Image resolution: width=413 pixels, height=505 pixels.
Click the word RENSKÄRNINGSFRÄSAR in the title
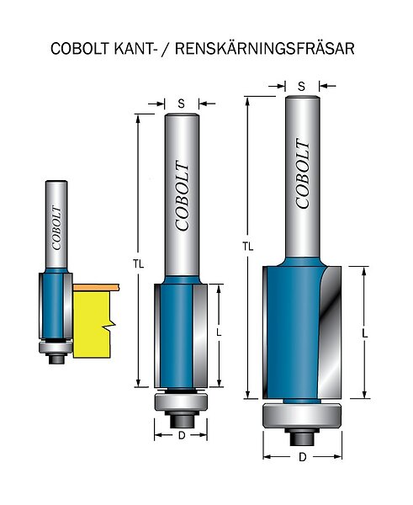tap(265, 49)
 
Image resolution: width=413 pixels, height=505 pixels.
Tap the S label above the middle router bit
tap(182, 104)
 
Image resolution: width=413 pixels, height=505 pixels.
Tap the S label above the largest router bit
tap(302, 87)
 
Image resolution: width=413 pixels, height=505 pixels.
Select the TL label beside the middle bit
tap(139, 264)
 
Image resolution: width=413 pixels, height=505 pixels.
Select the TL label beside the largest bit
tap(248, 247)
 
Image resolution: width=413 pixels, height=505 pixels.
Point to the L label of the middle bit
tap(220, 332)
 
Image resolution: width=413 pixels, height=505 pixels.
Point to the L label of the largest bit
tap(365, 334)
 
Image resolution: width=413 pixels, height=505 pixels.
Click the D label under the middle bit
tap(182, 436)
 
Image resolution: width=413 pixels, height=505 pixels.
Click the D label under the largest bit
tap(302, 457)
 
